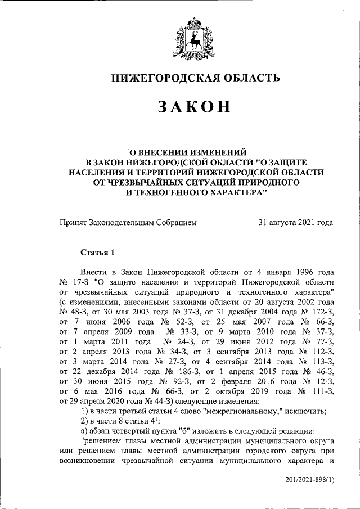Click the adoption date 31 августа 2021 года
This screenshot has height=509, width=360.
tap(295, 223)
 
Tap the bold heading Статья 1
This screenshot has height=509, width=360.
tap(98, 251)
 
